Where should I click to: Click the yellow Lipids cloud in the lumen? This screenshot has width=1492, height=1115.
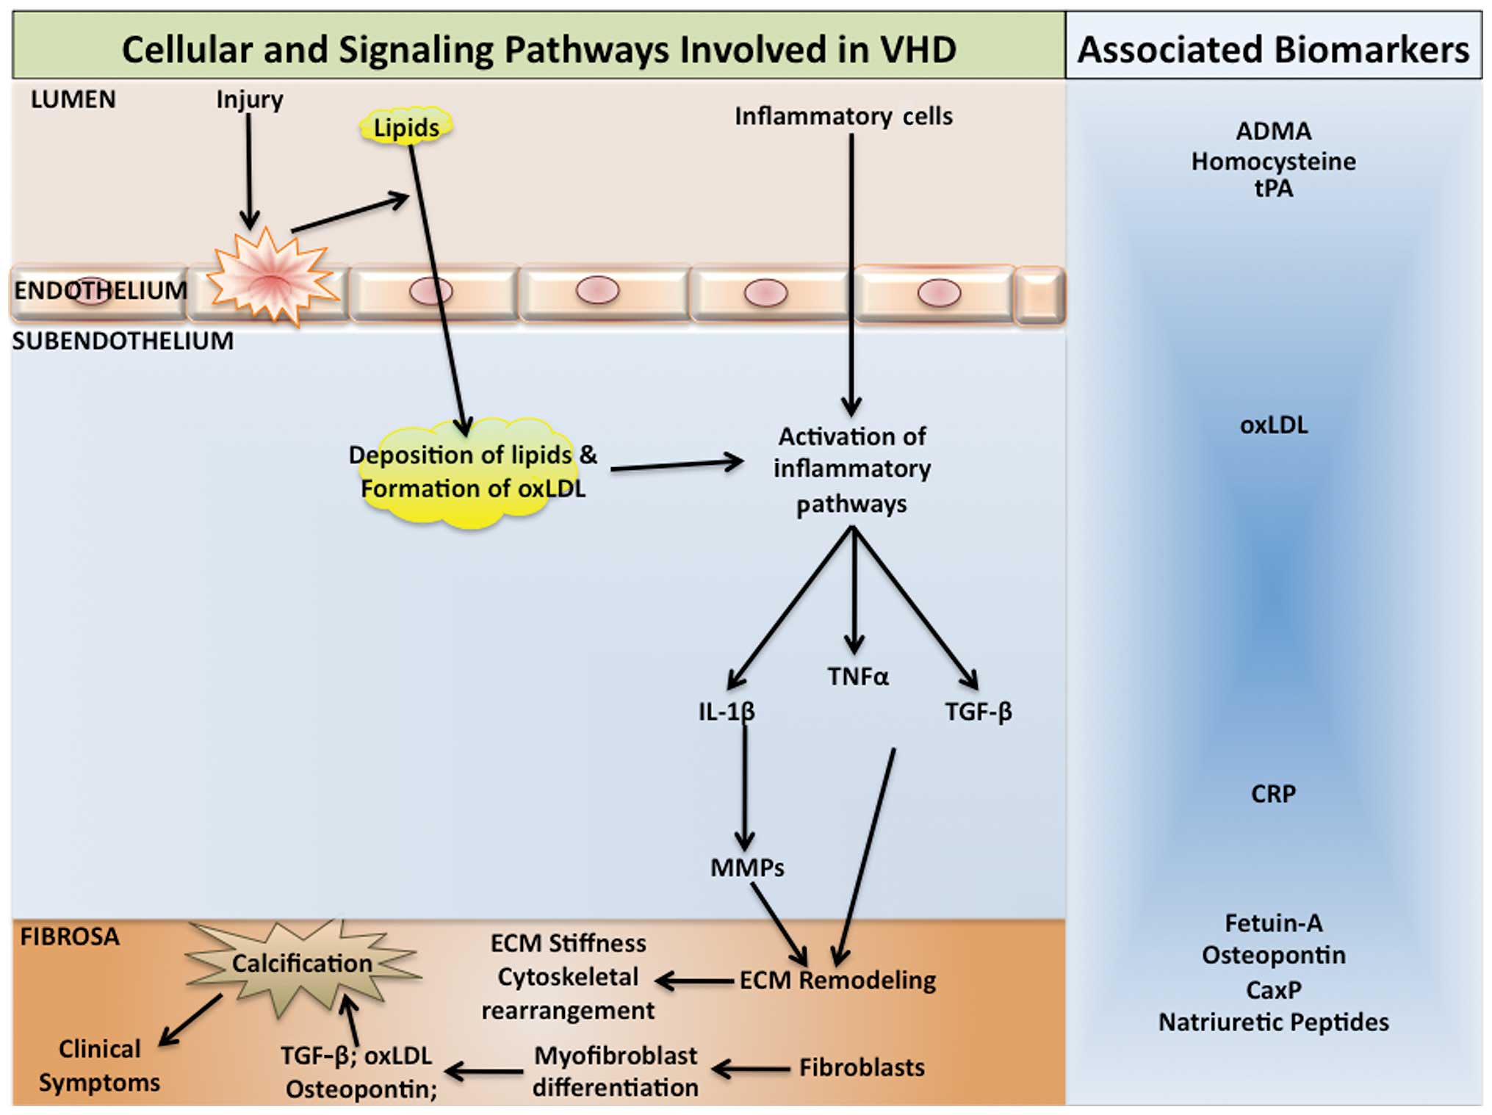coord(406,127)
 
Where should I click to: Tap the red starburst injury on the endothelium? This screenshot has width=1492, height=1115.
coord(272,278)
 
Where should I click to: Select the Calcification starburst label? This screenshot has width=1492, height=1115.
coord(302,963)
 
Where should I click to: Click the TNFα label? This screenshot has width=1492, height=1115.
coord(857,676)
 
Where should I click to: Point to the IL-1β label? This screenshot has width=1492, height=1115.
coord(726,711)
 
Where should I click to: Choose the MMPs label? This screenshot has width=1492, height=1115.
coord(747,867)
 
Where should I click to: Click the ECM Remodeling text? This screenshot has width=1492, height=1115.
coord(837,980)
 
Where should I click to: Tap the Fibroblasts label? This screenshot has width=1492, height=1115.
coord(862,1067)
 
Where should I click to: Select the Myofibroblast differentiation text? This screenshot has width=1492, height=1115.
coord(616,1071)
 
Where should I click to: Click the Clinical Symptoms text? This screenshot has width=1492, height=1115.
coord(99,1065)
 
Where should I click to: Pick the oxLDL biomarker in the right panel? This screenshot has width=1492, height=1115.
coord(1274,425)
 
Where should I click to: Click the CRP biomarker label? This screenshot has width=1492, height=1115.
coord(1273,793)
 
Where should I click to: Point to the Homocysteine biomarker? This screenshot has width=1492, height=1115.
coord(1273,161)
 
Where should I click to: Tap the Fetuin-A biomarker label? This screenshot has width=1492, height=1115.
coord(1273,923)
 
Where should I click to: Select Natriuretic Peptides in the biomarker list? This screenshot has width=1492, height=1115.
coord(1273,1022)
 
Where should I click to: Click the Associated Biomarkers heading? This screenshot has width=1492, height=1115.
coord(1273,49)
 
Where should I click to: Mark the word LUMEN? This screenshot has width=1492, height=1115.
coord(73,99)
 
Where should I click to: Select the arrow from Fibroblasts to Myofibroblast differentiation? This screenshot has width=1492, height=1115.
coord(751,1069)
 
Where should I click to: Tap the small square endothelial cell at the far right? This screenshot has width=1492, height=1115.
coord(1039,295)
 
